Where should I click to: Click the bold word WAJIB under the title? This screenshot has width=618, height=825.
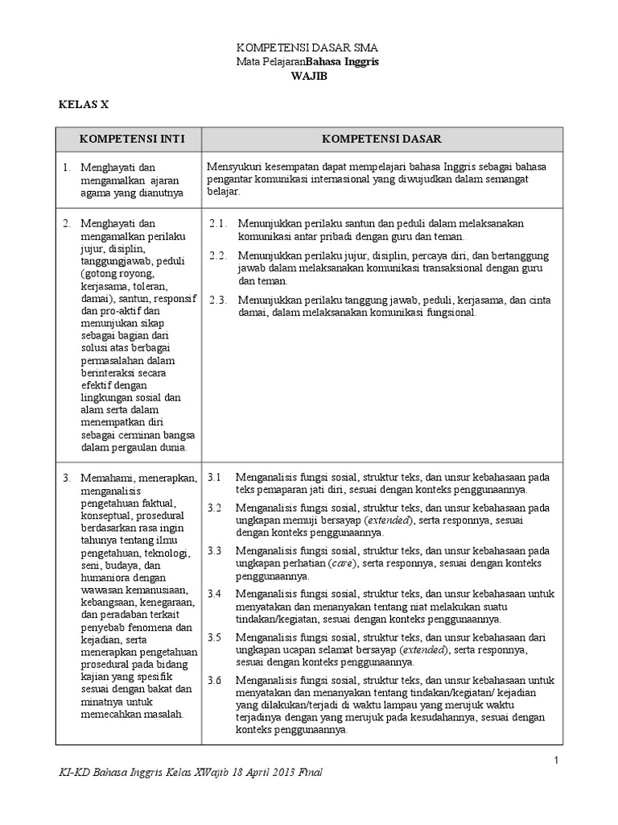pos(308,75)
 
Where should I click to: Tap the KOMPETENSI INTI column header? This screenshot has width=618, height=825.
pos(130,139)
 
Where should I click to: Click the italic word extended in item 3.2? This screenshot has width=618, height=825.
pos(385,520)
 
